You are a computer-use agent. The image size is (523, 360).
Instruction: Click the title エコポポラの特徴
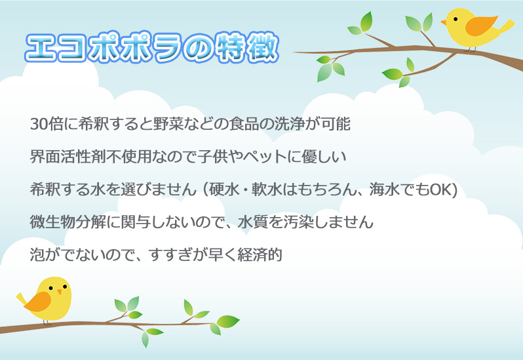point(152,47)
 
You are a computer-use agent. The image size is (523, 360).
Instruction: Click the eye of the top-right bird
point(455,19)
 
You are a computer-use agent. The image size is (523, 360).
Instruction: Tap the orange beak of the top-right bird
point(444,23)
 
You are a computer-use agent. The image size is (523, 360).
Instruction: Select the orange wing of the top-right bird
point(480,26)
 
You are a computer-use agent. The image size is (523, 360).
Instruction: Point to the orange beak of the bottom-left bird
point(60,292)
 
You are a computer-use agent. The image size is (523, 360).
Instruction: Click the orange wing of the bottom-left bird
point(38,302)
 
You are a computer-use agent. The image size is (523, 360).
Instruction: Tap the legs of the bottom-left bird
point(47,322)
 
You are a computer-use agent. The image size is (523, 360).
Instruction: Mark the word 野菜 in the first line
point(168,124)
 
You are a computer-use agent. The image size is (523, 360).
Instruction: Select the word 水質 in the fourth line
point(253,222)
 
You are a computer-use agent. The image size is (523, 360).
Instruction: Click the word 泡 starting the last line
point(37,254)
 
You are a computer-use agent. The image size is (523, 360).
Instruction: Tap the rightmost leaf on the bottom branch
point(229,321)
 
